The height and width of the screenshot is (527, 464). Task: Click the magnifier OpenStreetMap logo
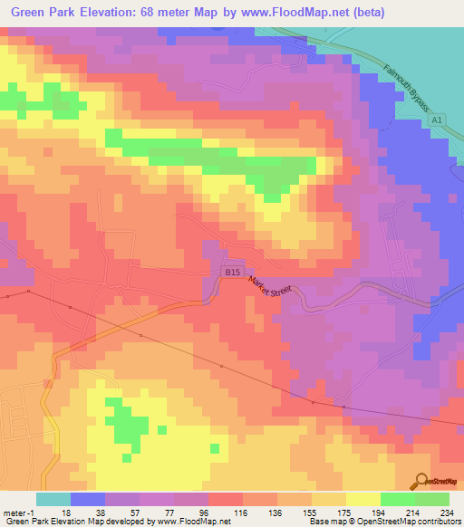click(422, 482)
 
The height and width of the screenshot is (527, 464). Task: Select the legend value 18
click(65, 512)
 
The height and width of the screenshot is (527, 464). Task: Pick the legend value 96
click(202, 512)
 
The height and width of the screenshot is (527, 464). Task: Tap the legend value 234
click(446, 512)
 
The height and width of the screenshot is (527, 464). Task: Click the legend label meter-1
click(17, 512)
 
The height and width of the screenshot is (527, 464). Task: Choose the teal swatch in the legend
click(53, 499)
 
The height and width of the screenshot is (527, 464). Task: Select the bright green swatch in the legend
click(397, 499)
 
